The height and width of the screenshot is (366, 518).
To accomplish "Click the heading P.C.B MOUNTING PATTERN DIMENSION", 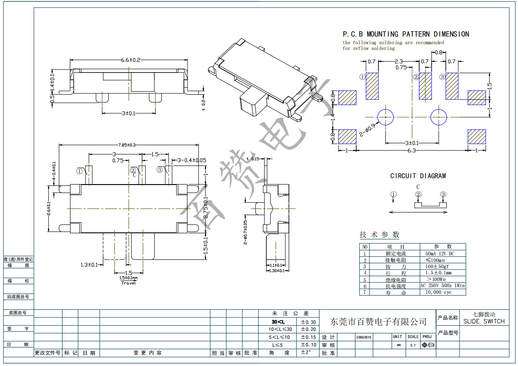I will tap(405, 34).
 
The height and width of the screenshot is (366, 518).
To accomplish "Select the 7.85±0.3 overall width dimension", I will tap(127, 145).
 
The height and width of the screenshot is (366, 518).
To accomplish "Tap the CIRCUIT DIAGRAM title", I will tap(418, 176).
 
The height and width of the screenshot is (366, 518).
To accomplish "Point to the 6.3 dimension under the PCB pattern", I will tap(412, 151).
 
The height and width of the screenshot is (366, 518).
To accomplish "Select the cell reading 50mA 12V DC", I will tap(440, 254).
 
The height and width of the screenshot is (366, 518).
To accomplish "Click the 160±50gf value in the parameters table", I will tap(437, 266).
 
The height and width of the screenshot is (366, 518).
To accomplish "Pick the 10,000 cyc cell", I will tap(438, 293).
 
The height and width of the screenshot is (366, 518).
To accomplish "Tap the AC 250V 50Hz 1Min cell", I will tap(443, 286).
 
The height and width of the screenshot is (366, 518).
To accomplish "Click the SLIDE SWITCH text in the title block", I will tap(484, 322).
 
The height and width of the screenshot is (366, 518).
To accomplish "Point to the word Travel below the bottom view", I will tap(129, 283).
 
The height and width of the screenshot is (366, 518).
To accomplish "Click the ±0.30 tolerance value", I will tap(308, 322).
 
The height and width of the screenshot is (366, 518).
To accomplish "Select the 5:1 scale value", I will tap(413, 344).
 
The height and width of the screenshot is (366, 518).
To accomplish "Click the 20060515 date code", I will tap(364, 337).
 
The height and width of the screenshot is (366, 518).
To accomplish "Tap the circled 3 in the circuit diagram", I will tap(443, 194).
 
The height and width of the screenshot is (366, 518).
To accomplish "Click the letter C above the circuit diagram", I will tap(418, 187).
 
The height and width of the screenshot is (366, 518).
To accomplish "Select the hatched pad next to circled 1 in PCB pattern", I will tap(372, 86).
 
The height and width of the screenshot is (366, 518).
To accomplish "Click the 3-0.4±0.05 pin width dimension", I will tap(192, 160).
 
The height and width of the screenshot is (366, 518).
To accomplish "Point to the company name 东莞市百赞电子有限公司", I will tap(379, 322).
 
